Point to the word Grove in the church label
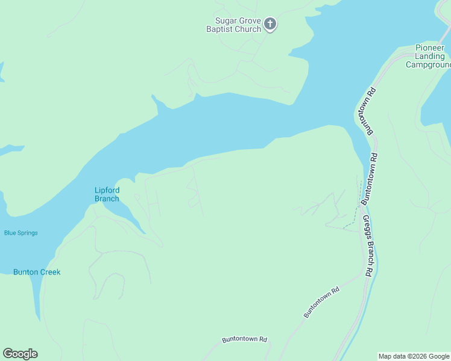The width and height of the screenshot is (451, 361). (x=247, y=20)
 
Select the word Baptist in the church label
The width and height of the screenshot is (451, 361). (x=219, y=29)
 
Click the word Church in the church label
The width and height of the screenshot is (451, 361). (x=248, y=29)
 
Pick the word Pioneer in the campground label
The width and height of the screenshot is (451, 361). (x=430, y=48)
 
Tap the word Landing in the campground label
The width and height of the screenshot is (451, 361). (x=430, y=57)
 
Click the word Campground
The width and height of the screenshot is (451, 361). (x=429, y=65)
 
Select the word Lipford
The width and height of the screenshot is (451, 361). (x=107, y=190)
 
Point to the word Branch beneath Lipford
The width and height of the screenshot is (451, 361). (x=107, y=199)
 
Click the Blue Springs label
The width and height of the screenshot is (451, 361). (x=21, y=233)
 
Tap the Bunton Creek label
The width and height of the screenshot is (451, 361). (x=37, y=272)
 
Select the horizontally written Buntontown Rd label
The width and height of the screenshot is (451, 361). (x=244, y=339)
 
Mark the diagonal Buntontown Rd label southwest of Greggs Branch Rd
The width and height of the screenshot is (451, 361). (x=321, y=303)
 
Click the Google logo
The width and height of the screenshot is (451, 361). (x=20, y=354)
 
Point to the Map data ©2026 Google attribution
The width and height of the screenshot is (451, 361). (x=414, y=356)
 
